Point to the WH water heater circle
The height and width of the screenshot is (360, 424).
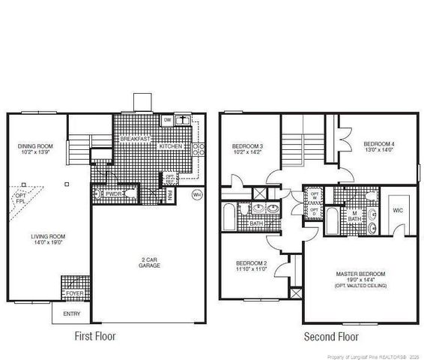[x=198, y=195]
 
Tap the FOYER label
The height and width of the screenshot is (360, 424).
[x=75, y=293]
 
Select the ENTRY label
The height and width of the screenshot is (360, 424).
[x=71, y=313]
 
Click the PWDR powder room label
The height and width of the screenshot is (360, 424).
[x=114, y=193]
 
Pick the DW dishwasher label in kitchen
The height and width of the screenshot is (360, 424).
[x=168, y=120]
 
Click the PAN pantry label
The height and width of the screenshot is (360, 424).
[x=171, y=195]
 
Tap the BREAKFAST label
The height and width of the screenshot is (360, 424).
[x=136, y=139]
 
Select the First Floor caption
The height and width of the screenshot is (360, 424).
[x=95, y=337]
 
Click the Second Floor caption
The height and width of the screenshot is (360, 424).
[x=330, y=337]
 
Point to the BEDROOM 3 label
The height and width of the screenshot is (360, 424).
[x=248, y=148]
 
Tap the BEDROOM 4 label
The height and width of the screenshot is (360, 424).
[x=378, y=147]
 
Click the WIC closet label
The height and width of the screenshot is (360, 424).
[x=398, y=211]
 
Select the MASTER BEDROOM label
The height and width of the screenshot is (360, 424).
[x=360, y=277]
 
